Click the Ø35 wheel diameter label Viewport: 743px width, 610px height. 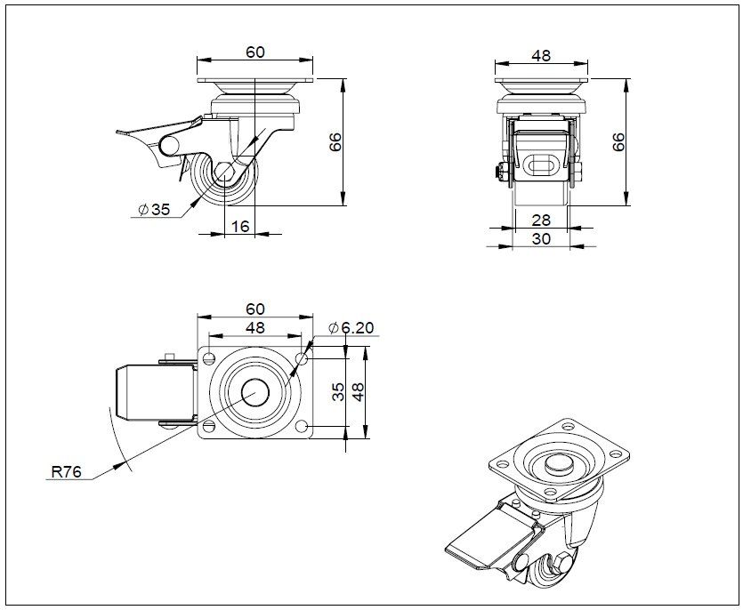153,210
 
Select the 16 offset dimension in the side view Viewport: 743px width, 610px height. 240,226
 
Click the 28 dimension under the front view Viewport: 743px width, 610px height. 541,219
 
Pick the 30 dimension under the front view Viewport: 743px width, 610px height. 541,237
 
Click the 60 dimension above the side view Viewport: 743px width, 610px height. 254,52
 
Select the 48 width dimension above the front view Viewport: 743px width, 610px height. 541,55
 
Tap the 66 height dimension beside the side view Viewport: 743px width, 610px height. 335,142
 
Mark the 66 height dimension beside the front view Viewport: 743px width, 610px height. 620,142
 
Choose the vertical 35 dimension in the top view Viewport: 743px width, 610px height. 339,392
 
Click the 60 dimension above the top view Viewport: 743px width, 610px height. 254,309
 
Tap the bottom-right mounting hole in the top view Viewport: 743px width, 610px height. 303,428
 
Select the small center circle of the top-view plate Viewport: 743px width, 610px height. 255,392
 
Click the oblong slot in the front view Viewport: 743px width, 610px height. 541,164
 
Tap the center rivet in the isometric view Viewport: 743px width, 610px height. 558,462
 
